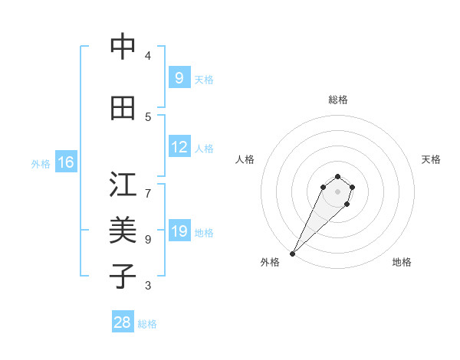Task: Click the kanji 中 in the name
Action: (x=122, y=47)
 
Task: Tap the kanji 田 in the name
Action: (x=122, y=108)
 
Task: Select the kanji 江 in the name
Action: (x=122, y=185)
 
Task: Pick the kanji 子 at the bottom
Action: (x=122, y=276)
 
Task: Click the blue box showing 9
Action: (x=179, y=78)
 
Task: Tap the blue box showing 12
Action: (x=179, y=147)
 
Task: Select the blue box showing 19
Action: (x=179, y=231)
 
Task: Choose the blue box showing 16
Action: (x=65, y=162)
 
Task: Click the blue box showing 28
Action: (x=122, y=322)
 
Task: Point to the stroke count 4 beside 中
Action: (x=148, y=56)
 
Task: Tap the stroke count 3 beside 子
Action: (x=148, y=286)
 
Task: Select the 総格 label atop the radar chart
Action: (x=338, y=100)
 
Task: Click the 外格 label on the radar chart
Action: (x=270, y=262)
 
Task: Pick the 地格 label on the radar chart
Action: (x=402, y=262)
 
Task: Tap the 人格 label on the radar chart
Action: (x=245, y=159)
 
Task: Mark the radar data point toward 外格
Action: (x=292, y=254)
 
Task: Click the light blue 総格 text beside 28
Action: (x=147, y=324)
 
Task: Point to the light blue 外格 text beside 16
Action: (x=40, y=164)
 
